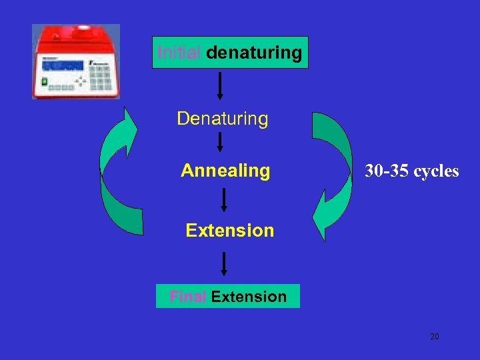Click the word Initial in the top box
pos(179,53)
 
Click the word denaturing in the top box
pos(254,53)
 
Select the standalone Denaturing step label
pos(223,119)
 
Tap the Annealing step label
pos(225,171)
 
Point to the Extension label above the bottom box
pos(230,231)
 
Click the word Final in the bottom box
pos(188,297)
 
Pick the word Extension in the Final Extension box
pos(249,297)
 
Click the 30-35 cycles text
pos(412,171)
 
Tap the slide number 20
pos(434,337)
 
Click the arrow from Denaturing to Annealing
pos(220,142)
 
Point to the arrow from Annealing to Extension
pos(224,199)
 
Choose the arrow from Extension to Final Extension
pos(224,263)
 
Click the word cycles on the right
pos(436,171)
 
